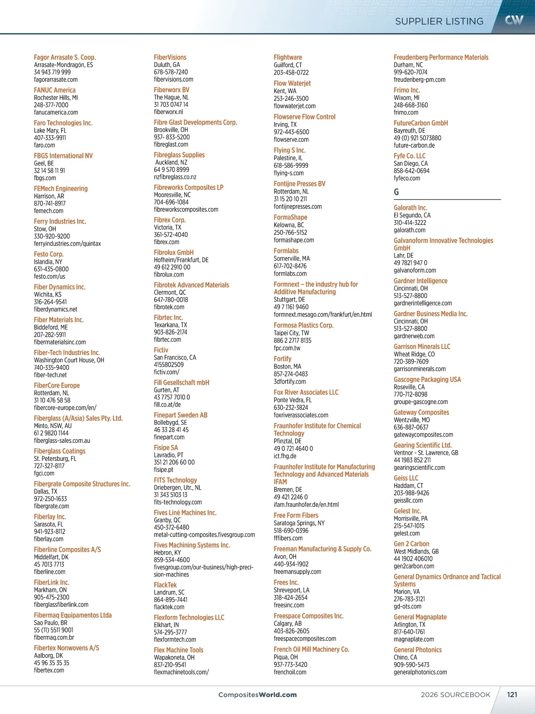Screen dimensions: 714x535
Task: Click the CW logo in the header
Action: (x=514, y=20)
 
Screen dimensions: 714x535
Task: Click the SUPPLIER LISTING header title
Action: (x=439, y=21)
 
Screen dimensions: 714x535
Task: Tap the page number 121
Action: (x=512, y=694)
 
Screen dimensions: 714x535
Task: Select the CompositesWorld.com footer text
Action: (x=257, y=695)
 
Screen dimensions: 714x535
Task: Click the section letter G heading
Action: (x=396, y=192)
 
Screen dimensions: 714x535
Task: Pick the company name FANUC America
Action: (x=55, y=90)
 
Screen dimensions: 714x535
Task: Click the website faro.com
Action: (x=45, y=145)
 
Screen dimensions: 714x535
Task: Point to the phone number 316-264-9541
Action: (x=50, y=302)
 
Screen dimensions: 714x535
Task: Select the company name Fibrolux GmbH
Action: (x=174, y=253)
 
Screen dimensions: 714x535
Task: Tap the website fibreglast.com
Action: (x=171, y=144)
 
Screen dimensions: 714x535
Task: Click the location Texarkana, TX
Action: (x=170, y=325)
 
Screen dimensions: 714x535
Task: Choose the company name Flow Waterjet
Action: (x=292, y=83)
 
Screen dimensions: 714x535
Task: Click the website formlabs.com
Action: (x=290, y=274)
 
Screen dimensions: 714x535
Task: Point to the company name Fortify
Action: (x=283, y=359)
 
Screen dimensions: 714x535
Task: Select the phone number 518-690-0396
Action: (x=291, y=531)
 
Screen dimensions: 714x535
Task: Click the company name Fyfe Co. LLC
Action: (x=410, y=156)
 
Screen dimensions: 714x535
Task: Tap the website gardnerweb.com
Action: (x=414, y=336)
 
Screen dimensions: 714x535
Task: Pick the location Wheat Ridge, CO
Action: (x=414, y=354)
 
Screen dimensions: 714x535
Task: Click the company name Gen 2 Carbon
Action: (x=412, y=544)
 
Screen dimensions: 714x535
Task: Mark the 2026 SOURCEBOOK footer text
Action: (x=456, y=695)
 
